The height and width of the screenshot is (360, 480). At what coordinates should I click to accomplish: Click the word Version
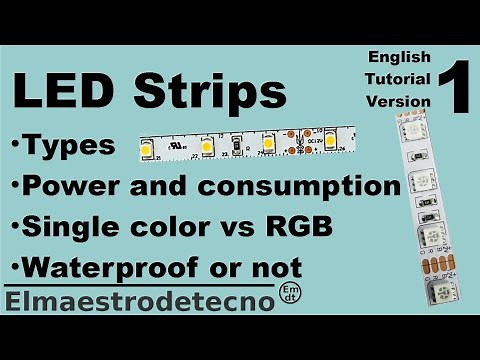coord(397,101)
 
